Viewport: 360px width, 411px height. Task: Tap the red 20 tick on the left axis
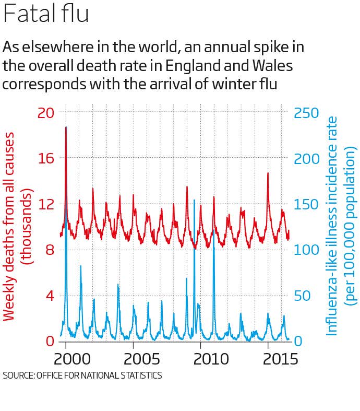pos(45,112)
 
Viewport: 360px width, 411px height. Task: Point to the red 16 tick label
pos(45,158)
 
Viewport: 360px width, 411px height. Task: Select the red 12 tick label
pos(45,204)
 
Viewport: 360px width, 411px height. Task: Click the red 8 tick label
pos(51,250)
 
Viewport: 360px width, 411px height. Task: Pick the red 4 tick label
pos(51,296)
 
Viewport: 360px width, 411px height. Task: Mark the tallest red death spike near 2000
pos(66,127)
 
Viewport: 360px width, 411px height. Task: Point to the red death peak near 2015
pos(268,173)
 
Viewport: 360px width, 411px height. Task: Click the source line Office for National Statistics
pos(82,375)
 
